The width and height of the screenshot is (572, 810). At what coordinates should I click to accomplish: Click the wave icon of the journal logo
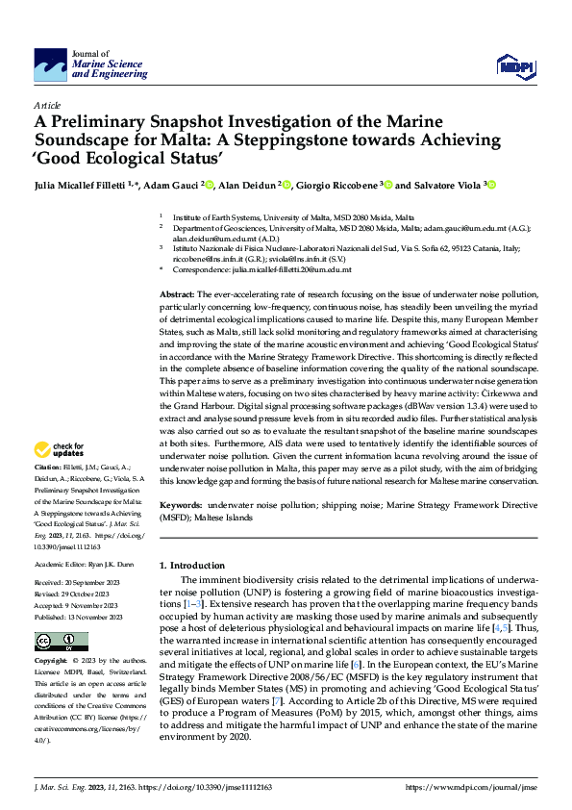tap(50, 66)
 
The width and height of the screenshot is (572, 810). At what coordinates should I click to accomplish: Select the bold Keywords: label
tap(182, 504)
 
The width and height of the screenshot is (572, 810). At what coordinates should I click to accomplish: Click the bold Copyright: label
tap(53, 662)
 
